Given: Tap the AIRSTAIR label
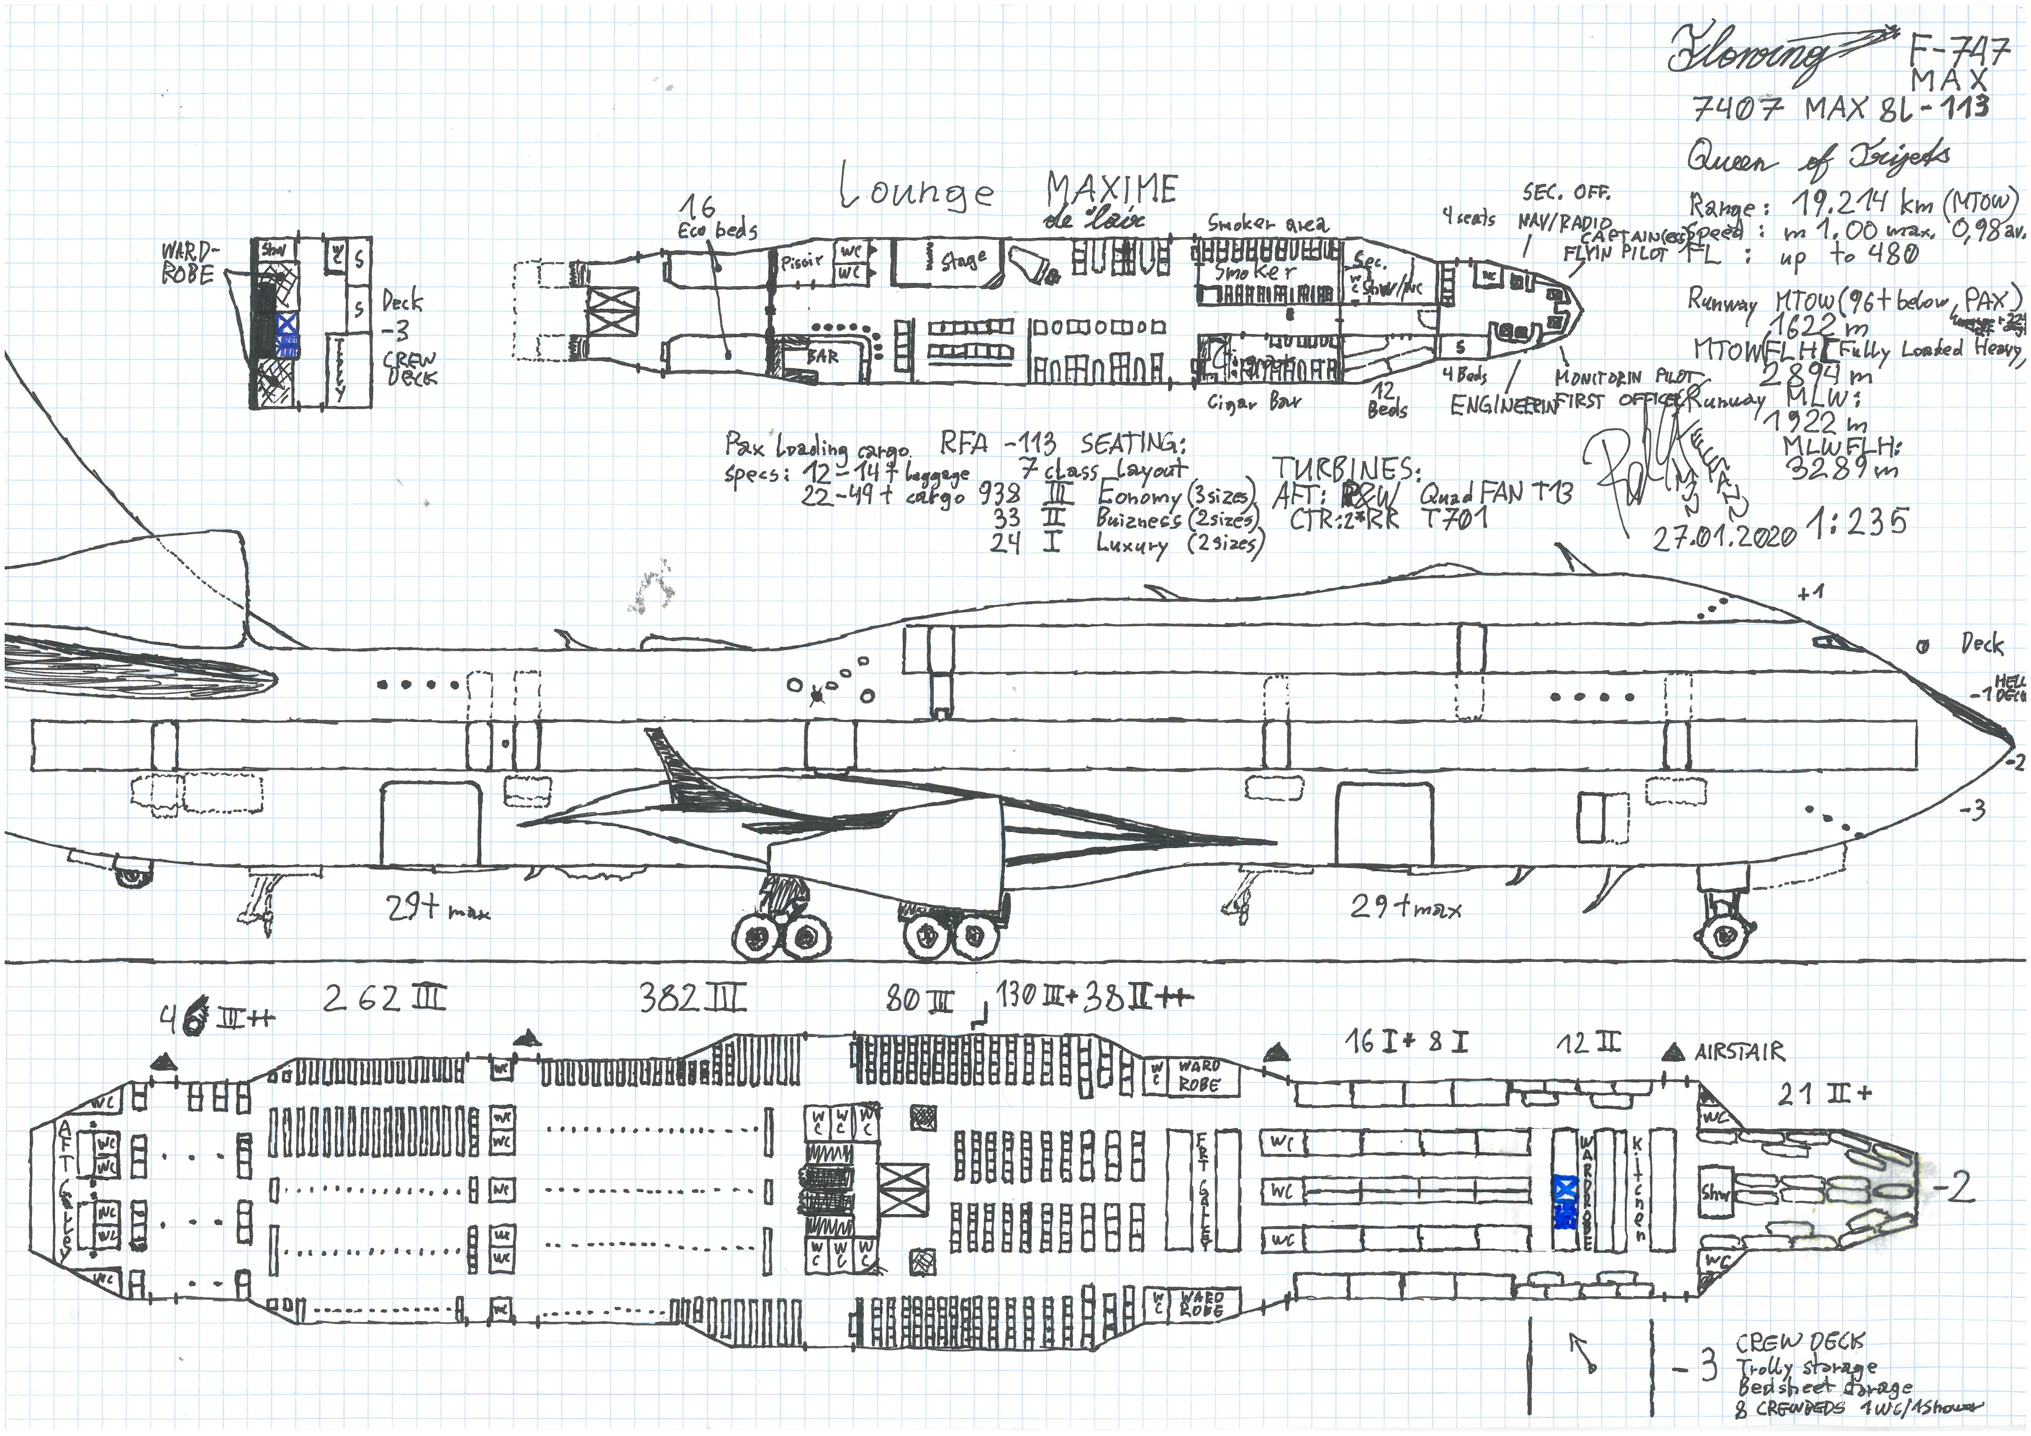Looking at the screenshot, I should (1738, 1052).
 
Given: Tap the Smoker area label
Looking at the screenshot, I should (1268, 224).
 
